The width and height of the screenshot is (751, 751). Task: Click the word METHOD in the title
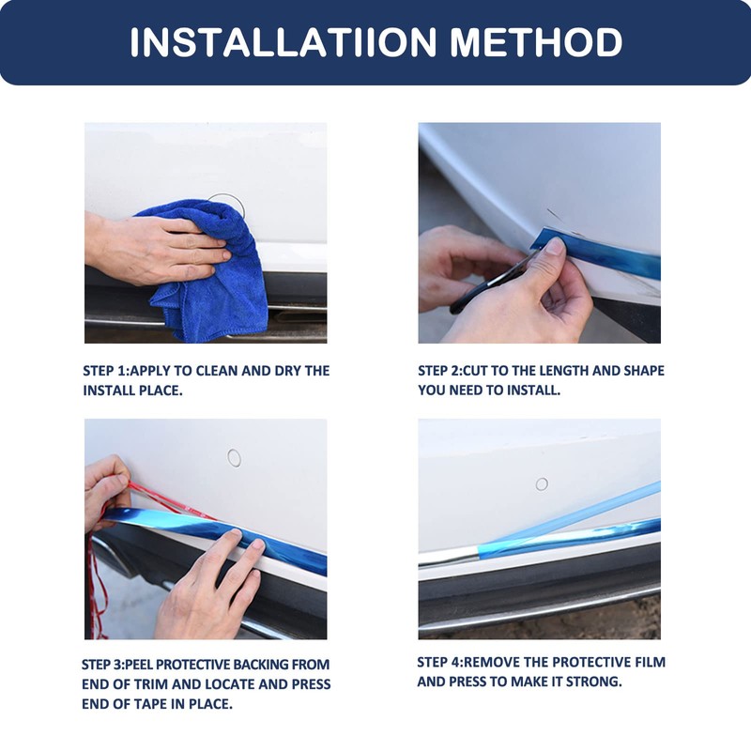[536, 42]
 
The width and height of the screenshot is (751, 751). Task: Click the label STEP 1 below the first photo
[105, 371]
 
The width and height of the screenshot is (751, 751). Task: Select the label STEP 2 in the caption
[440, 371]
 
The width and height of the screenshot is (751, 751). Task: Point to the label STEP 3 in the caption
[103, 665]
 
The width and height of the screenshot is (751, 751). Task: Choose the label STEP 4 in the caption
[439, 663]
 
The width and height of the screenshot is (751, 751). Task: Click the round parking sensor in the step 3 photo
[234, 458]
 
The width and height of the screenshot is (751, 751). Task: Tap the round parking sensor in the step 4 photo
[542, 484]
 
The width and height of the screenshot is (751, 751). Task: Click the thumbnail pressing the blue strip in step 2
[555, 246]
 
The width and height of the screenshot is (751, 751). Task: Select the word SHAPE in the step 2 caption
[644, 371]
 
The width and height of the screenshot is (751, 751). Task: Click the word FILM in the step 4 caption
[651, 663]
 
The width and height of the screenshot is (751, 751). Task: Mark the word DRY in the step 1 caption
[288, 371]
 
